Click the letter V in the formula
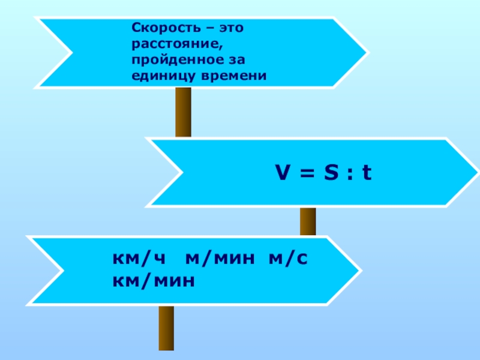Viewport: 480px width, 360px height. coord(282,173)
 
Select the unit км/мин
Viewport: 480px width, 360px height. coord(154,280)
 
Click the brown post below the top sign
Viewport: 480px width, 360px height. coord(183,112)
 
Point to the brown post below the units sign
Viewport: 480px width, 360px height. coord(166,328)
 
